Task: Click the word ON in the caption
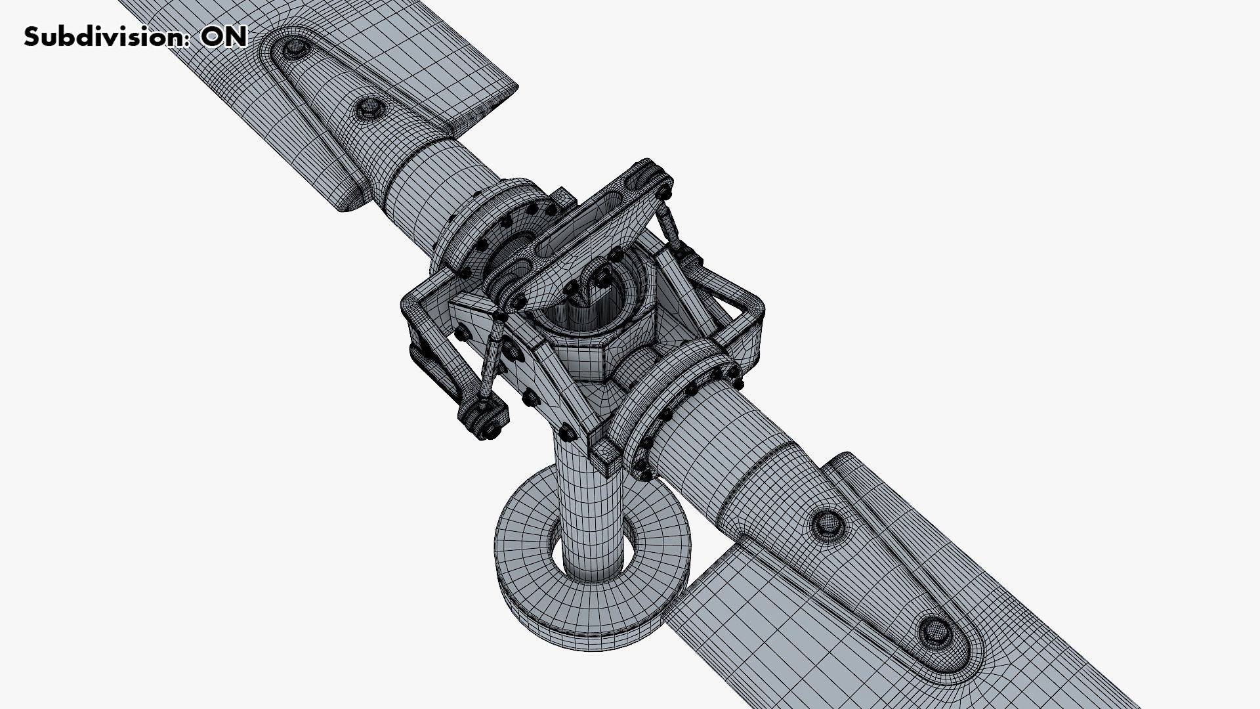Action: [224, 36]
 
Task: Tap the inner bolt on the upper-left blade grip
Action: [370, 108]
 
